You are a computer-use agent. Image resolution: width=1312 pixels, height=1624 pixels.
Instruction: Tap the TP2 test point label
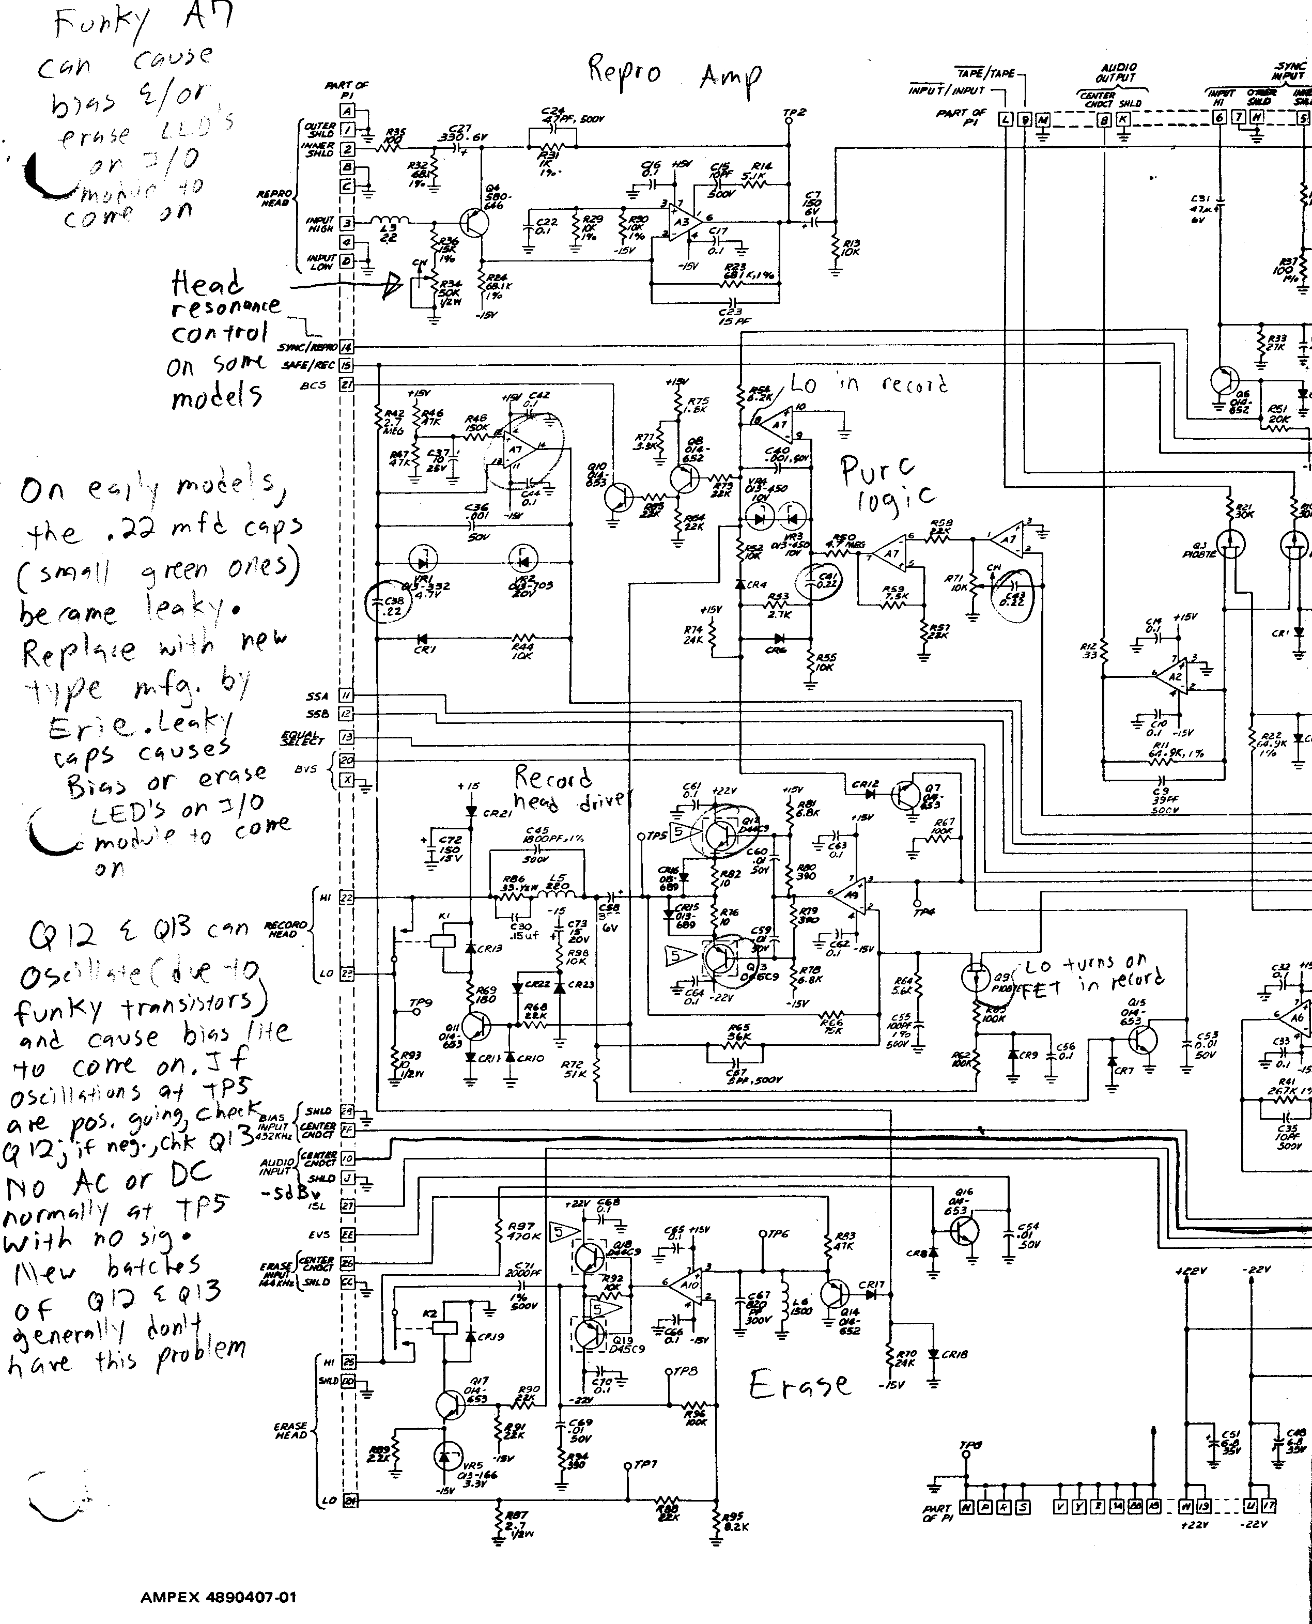(x=795, y=113)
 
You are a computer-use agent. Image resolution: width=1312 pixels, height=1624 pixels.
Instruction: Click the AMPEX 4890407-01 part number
(x=219, y=1598)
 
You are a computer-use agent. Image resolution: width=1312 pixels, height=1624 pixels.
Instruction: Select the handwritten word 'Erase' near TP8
(x=799, y=1384)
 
